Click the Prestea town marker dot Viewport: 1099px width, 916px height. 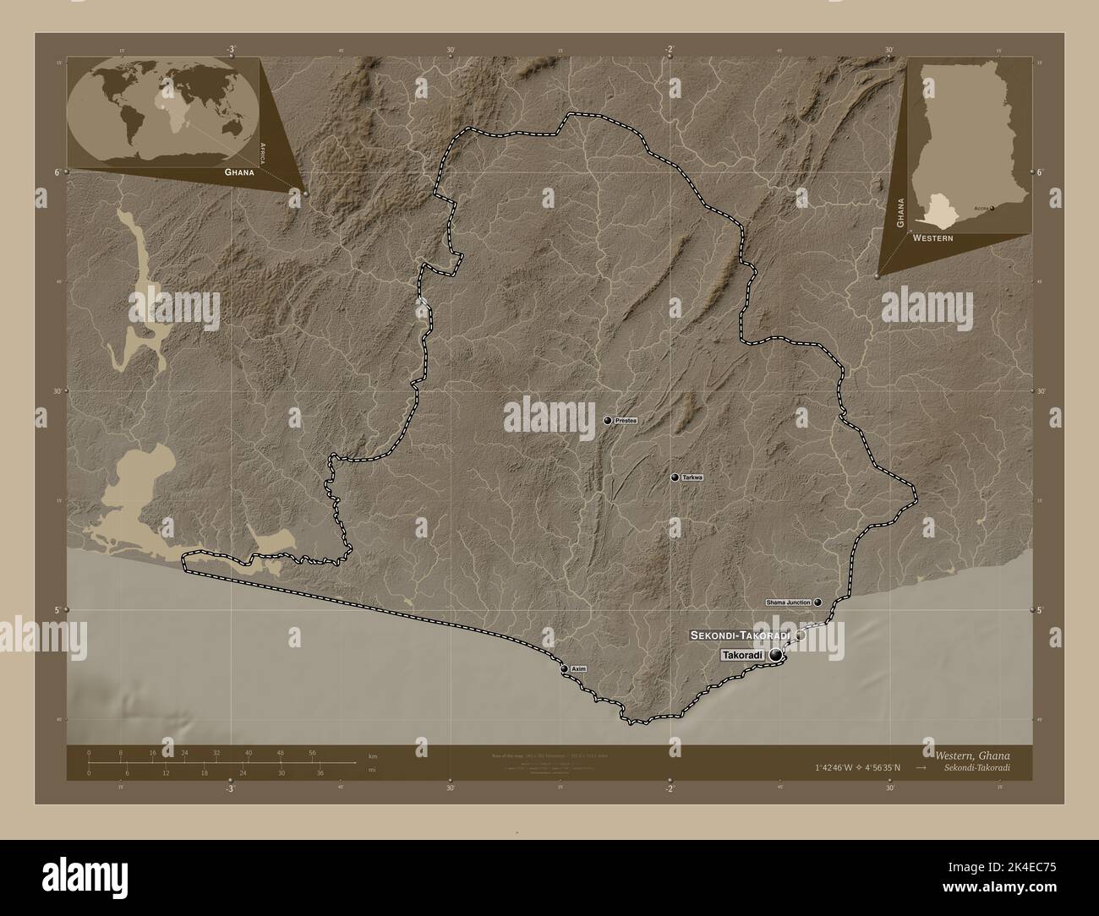point(607,420)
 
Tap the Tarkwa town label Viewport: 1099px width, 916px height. point(692,478)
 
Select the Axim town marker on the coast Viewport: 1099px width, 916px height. point(565,668)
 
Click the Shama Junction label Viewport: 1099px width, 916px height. point(788,602)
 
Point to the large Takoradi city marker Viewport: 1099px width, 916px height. point(776,656)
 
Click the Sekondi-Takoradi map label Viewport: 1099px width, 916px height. point(740,635)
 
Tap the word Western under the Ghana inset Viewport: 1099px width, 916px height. point(932,239)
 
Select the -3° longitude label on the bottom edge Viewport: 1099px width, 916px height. point(229,789)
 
